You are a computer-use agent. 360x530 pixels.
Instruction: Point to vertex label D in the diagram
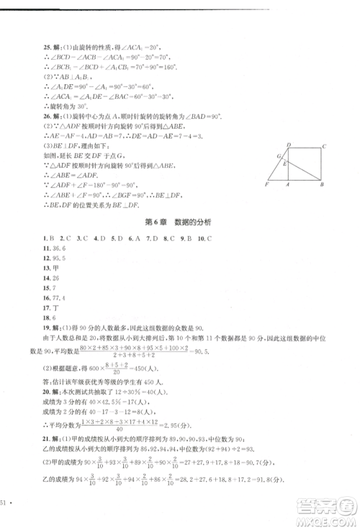(289, 145)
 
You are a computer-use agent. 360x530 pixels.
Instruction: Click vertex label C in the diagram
(325, 145)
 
